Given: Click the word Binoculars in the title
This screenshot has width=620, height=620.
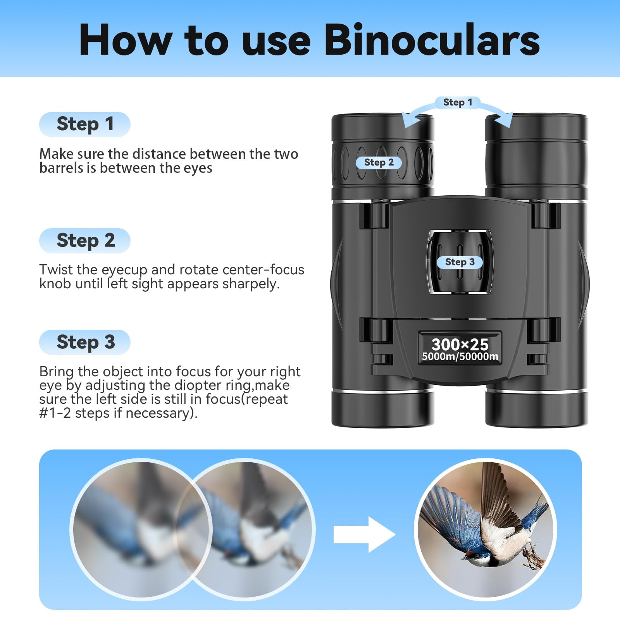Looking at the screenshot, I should (x=432, y=40).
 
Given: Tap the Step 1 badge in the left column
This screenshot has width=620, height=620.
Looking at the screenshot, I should (x=85, y=124).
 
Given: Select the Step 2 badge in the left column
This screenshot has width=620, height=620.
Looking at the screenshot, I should (x=85, y=241).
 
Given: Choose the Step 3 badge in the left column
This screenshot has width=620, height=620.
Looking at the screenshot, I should (x=85, y=342).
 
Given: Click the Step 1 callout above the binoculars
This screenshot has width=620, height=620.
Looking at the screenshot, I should (x=457, y=102).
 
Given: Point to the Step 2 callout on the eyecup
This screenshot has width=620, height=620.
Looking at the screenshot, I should (x=379, y=163).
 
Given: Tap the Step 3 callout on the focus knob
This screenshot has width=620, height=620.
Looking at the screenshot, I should (x=460, y=262).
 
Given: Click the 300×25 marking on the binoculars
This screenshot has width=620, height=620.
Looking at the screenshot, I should (x=460, y=344).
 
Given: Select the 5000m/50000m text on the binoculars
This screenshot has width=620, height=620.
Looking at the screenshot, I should (x=460, y=357).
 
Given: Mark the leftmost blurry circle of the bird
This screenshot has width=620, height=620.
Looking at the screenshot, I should (x=140, y=529).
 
